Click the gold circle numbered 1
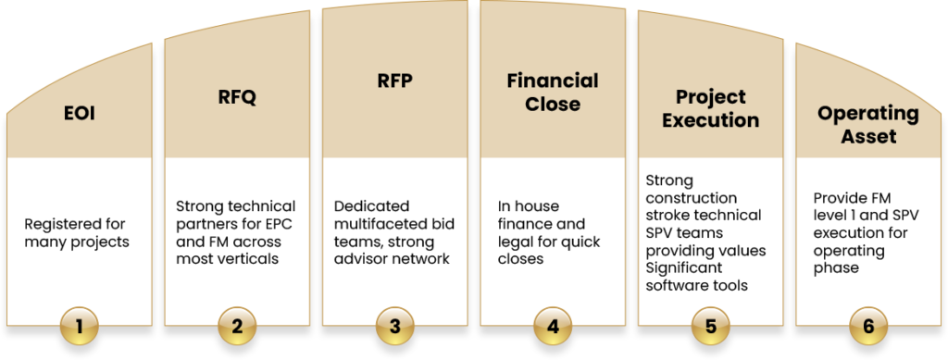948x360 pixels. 80,326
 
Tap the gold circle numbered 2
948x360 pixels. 238,326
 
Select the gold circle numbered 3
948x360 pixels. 395,326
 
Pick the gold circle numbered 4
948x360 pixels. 553,326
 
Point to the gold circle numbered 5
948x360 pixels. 710,326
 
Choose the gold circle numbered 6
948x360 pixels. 867,326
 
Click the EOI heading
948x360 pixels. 80,116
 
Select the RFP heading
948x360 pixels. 395,81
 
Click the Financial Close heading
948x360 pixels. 553,92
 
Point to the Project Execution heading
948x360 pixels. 710,107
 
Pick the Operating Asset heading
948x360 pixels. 867,125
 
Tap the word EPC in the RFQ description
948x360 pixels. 275,223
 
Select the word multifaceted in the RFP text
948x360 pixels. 380,223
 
